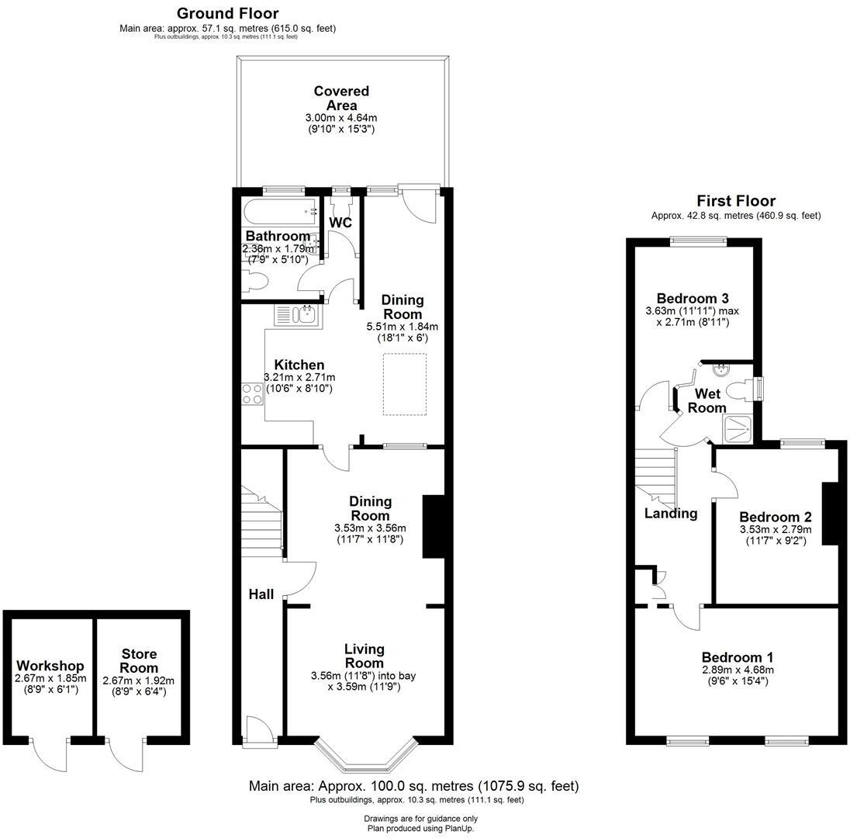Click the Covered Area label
point(341,99)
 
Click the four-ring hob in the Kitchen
point(253,394)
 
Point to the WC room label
point(340,223)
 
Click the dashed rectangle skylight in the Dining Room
point(405,384)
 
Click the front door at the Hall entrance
point(257,733)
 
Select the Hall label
point(261,594)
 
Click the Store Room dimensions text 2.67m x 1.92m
point(139,680)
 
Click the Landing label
point(671,513)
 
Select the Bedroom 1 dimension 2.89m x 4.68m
point(738,670)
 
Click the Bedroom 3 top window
point(698,241)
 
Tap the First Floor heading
point(735,201)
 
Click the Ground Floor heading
point(227,13)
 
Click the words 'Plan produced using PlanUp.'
point(420,828)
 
